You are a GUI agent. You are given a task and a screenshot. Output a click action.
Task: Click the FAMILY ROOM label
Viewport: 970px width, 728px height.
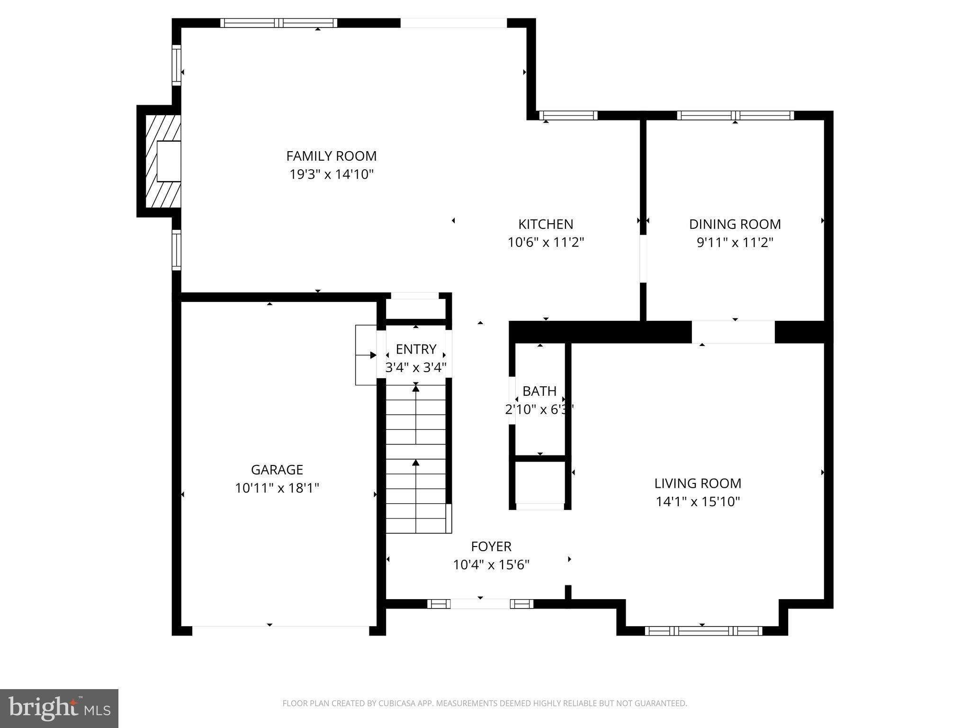(x=331, y=156)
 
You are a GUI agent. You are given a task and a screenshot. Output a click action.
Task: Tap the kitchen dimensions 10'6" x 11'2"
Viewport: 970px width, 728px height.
(x=546, y=243)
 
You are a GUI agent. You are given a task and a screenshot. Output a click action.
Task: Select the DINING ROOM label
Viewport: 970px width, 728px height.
(x=735, y=224)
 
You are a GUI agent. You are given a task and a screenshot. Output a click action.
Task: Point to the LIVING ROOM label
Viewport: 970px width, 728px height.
(x=698, y=483)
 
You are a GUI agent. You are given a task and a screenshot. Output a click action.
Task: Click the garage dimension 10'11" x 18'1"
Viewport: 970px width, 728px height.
(x=277, y=488)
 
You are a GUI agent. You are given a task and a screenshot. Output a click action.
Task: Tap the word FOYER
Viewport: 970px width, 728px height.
(x=491, y=546)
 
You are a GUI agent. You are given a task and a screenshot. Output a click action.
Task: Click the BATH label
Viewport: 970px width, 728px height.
(x=539, y=391)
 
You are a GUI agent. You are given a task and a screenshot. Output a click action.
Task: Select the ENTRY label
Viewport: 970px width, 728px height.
(x=416, y=349)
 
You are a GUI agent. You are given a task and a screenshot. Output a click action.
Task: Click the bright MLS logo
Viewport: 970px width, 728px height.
(x=59, y=708)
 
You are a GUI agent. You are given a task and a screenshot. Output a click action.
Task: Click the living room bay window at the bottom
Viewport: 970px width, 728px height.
(x=703, y=630)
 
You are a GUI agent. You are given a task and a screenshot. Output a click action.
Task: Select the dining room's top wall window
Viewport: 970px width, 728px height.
(x=735, y=115)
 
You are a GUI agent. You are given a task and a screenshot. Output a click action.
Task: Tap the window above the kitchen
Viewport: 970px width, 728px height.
(x=568, y=115)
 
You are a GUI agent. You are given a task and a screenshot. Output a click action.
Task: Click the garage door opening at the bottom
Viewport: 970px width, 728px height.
(x=280, y=630)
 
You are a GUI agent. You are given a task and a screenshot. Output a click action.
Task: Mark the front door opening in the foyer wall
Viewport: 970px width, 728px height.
(x=480, y=604)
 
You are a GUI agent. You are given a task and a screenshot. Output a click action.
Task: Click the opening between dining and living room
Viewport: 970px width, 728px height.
(x=733, y=332)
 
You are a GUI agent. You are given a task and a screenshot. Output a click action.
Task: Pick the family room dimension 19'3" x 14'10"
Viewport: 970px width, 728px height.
(x=332, y=174)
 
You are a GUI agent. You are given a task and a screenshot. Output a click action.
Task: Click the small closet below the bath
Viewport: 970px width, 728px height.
(x=540, y=482)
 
